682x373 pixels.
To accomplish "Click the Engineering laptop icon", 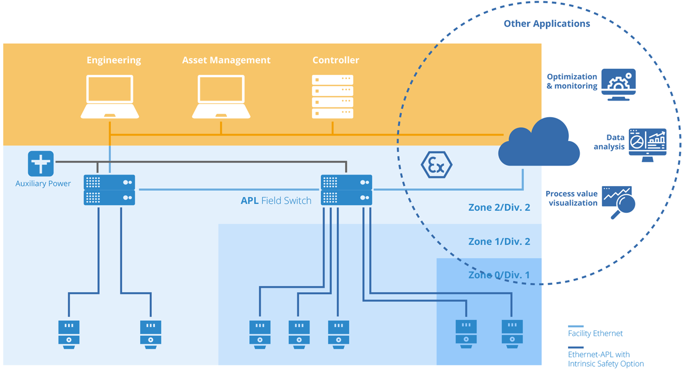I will (110, 96).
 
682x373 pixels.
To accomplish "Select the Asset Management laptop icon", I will (221, 96).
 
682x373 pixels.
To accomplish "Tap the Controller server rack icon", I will (332, 96).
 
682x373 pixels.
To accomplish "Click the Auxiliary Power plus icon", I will (41, 164).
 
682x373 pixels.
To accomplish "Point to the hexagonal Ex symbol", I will (436, 165).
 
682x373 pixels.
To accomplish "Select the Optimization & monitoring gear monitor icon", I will (619, 85).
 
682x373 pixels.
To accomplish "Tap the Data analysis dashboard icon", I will (647, 144).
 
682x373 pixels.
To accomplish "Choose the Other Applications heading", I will (547, 23).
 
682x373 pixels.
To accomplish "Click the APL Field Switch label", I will (276, 201).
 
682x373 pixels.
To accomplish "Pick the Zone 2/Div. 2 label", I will (499, 208).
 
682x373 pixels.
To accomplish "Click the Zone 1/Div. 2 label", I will (499, 242).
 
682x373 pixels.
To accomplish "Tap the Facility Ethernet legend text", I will (595, 334).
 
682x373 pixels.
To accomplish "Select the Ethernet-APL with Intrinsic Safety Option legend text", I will (606, 359).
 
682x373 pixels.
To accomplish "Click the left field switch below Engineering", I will (109, 190).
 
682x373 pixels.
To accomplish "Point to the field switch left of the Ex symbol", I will (346, 190).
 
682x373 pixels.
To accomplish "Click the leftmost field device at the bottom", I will (69, 334).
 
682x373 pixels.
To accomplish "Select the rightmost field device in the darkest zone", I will (512, 334).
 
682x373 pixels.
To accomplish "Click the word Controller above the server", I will (336, 61).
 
